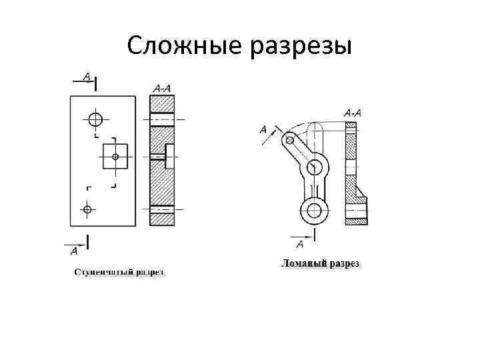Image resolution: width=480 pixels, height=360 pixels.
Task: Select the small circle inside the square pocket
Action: coord(115,157)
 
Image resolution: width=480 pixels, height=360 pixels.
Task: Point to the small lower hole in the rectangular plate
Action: coord(87,209)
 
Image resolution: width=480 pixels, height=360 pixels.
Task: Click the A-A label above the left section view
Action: coord(161,87)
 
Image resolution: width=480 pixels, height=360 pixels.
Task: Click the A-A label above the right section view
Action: coord(353,113)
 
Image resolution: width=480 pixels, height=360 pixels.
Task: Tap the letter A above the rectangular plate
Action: coord(86,76)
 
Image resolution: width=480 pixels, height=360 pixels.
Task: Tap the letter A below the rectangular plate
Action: coord(73,251)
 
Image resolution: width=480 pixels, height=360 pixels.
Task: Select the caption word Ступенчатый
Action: coord(103,272)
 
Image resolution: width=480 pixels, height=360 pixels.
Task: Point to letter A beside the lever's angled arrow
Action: coord(263,129)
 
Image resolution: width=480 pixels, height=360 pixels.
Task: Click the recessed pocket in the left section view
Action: coord(169,156)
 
